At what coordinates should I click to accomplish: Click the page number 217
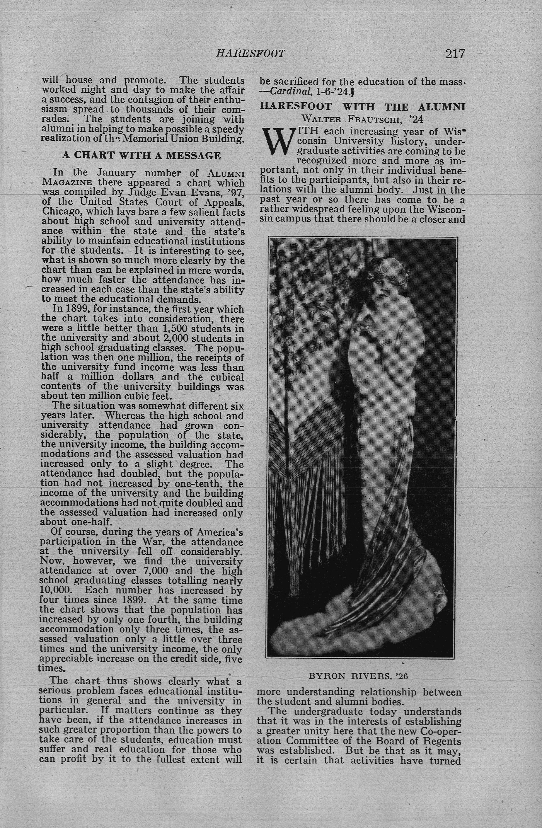click(x=455, y=54)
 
